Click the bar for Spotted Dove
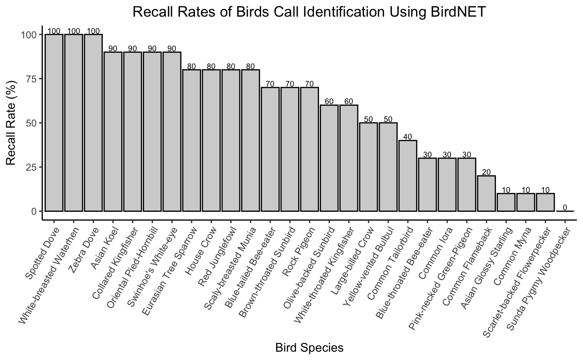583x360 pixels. [x=54, y=123]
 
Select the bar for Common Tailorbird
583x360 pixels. [x=408, y=176]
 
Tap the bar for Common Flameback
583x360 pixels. [x=486, y=194]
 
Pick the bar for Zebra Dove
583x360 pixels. [x=93, y=123]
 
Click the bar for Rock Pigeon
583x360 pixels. [x=309, y=149]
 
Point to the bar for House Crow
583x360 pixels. [x=211, y=140]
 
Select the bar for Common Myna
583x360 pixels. [x=526, y=202]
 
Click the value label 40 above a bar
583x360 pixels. [x=408, y=137]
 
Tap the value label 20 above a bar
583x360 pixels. [x=486, y=172]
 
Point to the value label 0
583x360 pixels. [x=565, y=207]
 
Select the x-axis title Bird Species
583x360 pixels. [x=309, y=348]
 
